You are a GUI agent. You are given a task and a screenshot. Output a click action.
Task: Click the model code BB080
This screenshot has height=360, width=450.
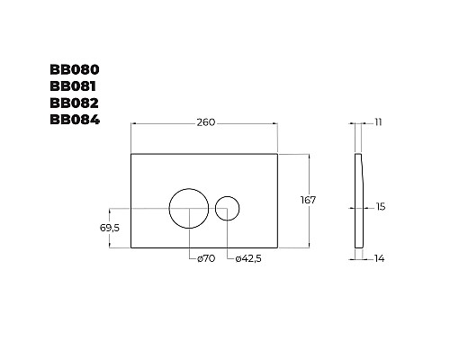pos(75,69)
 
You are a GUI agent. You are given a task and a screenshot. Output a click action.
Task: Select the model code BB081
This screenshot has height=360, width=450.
pos(73,86)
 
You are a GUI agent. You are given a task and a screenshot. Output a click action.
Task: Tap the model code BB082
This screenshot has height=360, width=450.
pos(74,103)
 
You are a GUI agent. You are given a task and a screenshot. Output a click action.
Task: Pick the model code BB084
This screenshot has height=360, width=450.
pos(75,120)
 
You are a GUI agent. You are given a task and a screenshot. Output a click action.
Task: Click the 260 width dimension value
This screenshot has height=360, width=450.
pos(206,122)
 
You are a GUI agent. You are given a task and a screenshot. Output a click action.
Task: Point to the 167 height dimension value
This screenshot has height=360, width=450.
pos(308,200)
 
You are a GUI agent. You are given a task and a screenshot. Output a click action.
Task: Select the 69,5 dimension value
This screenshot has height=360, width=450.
pos(110,228)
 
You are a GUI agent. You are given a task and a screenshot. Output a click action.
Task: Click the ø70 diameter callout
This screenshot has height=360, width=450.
pos(206,258)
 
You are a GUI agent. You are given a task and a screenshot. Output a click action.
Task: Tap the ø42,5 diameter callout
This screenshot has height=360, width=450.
pos(248,258)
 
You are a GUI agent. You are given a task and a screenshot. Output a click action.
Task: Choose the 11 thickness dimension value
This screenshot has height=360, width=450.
pos(378,122)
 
